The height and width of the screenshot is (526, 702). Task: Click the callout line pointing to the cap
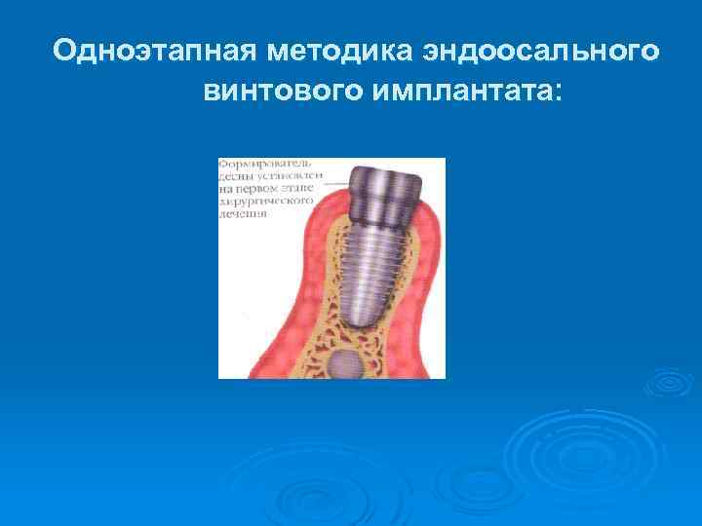point(337,184)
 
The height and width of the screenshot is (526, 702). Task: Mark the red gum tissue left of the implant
point(268,302)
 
